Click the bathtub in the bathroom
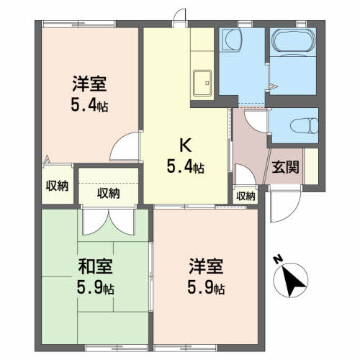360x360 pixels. point(293,41)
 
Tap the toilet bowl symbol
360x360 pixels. point(304,125)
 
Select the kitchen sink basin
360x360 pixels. point(202,83)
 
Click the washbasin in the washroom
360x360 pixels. point(233,40)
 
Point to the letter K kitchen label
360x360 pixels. point(186,145)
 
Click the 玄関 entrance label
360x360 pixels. point(285,167)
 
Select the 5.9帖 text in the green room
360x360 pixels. point(95,287)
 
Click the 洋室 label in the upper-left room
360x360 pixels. point(89,84)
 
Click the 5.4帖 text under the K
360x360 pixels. point(186,166)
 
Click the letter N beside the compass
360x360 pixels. point(279,260)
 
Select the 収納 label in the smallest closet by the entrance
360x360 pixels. point(246,197)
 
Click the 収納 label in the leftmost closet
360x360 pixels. point(57,186)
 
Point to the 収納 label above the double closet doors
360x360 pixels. point(109,193)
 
